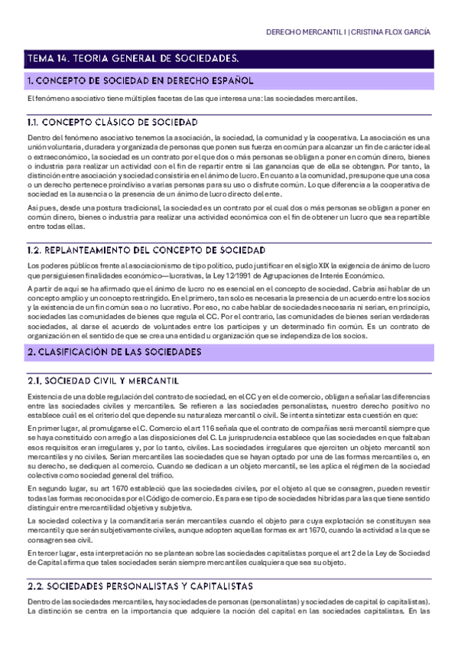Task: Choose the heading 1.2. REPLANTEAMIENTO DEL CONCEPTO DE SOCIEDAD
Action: (x=146, y=249)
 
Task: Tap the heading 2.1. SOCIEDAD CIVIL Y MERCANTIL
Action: (x=103, y=380)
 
